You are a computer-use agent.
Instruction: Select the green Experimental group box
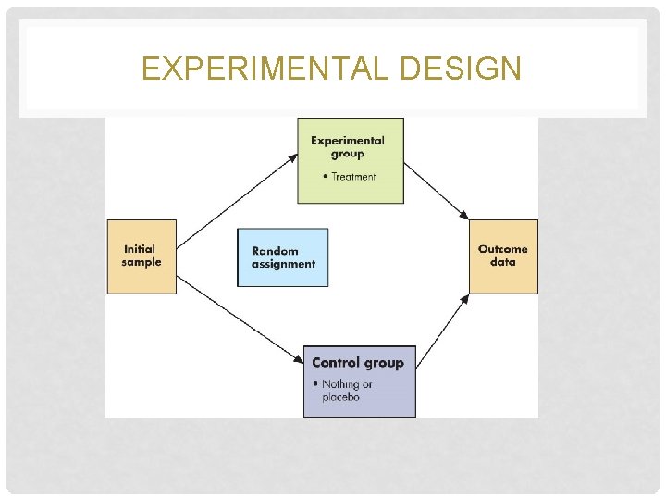(350, 160)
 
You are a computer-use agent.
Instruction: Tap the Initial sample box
(141, 256)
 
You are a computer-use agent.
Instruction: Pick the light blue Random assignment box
(283, 257)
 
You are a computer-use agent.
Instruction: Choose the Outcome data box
(502, 256)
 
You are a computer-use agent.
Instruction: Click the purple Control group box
(359, 381)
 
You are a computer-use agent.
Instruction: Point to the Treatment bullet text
(353, 176)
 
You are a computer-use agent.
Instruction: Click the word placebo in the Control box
(340, 397)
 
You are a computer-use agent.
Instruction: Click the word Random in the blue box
(275, 251)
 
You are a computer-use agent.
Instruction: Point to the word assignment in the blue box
(283, 264)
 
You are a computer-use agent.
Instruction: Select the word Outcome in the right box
(502, 249)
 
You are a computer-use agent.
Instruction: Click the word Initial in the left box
(139, 249)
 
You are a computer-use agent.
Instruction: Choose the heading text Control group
(358, 363)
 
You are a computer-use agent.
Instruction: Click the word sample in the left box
(141, 262)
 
